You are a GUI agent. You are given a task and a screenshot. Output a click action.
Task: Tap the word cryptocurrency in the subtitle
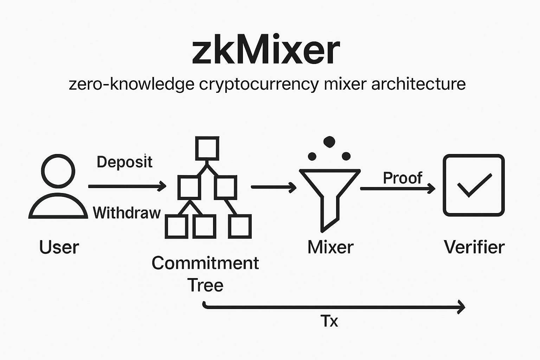point(259,84)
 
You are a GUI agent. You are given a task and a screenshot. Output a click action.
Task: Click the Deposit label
point(124,162)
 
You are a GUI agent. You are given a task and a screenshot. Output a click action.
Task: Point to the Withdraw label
point(127,213)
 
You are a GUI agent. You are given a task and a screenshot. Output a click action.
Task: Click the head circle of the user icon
point(58,171)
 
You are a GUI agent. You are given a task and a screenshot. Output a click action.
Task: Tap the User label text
point(59,247)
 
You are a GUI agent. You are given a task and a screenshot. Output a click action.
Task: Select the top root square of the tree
point(207,148)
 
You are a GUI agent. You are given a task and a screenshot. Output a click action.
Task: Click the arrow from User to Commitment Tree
point(127,186)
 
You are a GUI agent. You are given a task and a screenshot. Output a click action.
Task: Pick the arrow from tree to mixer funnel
point(274,187)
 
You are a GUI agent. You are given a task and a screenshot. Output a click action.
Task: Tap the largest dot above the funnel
point(329,142)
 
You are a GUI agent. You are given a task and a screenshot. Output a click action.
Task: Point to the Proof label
point(403,178)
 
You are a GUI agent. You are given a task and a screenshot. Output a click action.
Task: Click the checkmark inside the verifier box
point(474,185)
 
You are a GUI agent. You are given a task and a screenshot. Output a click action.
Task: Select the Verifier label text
point(474,247)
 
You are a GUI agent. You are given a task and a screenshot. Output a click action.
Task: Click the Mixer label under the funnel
point(330,247)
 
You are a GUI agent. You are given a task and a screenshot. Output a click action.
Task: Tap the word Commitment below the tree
point(205,263)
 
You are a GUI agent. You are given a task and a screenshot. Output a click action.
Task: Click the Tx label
point(329,321)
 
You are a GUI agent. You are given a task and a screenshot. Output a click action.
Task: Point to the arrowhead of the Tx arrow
point(461,307)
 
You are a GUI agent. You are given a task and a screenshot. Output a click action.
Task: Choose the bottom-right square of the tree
point(240,226)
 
